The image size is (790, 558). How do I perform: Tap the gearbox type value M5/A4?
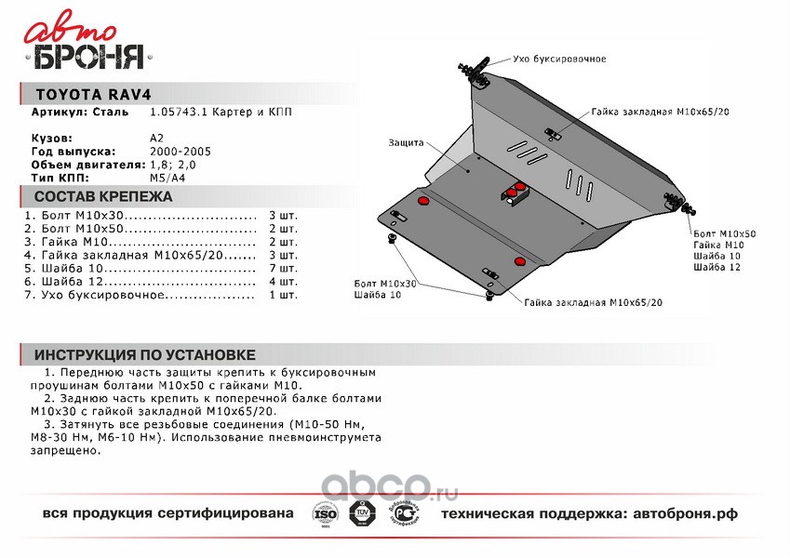pos(167,176)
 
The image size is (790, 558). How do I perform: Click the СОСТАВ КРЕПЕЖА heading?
pos(102,197)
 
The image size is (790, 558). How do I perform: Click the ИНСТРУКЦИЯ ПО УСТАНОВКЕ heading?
pos(143,355)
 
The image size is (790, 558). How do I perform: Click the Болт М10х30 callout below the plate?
pos(385,283)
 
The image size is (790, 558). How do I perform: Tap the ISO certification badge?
pos(324,514)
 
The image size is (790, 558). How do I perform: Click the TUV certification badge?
pos(364,513)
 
